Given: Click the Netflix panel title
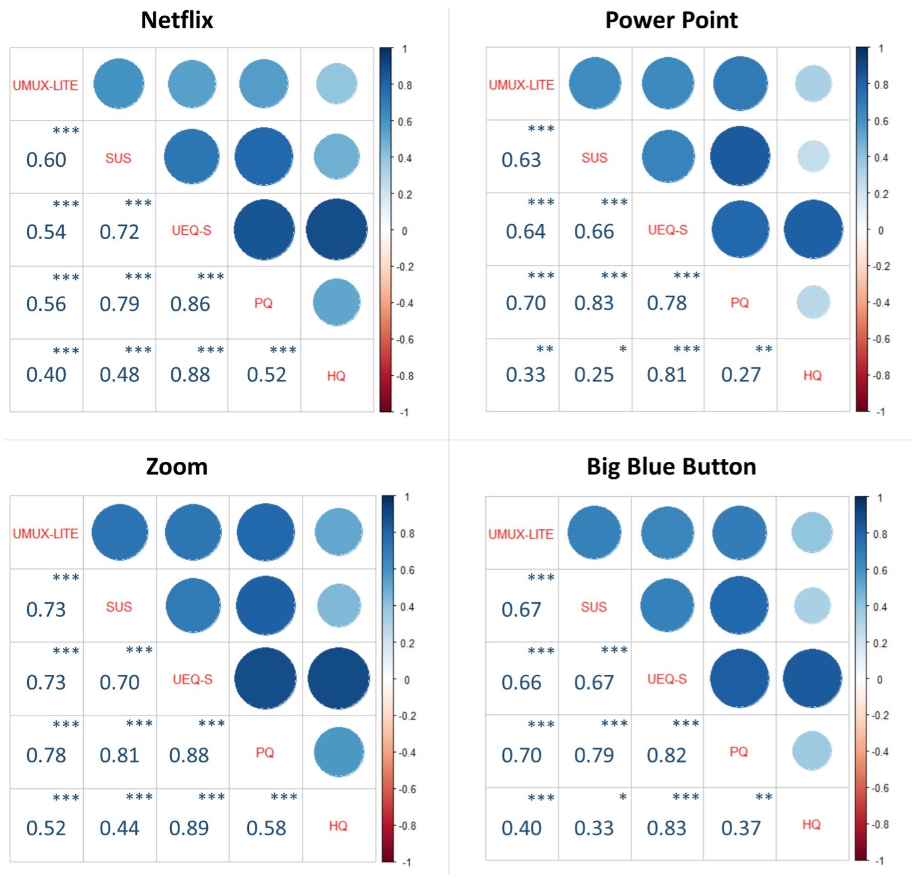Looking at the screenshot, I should pyautogui.click(x=177, y=20).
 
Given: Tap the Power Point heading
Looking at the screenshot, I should pyautogui.click(x=671, y=20).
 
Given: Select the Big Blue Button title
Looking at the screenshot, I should pyautogui.click(x=671, y=467).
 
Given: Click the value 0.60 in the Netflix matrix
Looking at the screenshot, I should pyautogui.click(x=46, y=160).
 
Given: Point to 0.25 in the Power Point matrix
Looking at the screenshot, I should pyautogui.click(x=594, y=375).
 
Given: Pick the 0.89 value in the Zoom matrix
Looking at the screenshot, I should pyautogui.click(x=189, y=829).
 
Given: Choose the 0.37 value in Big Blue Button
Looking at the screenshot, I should pyautogui.click(x=741, y=829).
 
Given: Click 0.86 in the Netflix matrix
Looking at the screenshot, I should pyautogui.click(x=190, y=304).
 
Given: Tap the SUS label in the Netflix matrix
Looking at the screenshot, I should pyautogui.click(x=118, y=158).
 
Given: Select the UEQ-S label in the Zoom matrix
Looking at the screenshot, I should pyautogui.click(x=192, y=679).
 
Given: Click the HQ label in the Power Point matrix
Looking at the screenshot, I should pyautogui.click(x=812, y=376).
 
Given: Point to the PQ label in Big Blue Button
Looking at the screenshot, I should pyautogui.click(x=739, y=752).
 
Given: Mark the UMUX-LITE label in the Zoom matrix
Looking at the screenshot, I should pyautogui.click(x=46, y=534).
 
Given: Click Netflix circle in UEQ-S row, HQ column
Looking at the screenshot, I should pyautogui.click(x=336, y=229).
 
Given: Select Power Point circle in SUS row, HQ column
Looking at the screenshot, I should pyautogui.click(x=813, y=157).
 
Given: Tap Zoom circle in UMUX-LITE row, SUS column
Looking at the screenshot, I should pyautogui.click(x=119, y=532).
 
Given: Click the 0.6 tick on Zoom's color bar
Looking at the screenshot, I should pyautogui.click(x=408, y=570).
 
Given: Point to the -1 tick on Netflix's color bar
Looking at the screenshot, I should pyautogui.click(x=404, y=412).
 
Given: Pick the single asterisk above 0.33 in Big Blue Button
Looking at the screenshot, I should pyautogui.click(x=623, y=797).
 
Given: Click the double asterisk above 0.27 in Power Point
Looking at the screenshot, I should pyautogui.click(x=764, y=349).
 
